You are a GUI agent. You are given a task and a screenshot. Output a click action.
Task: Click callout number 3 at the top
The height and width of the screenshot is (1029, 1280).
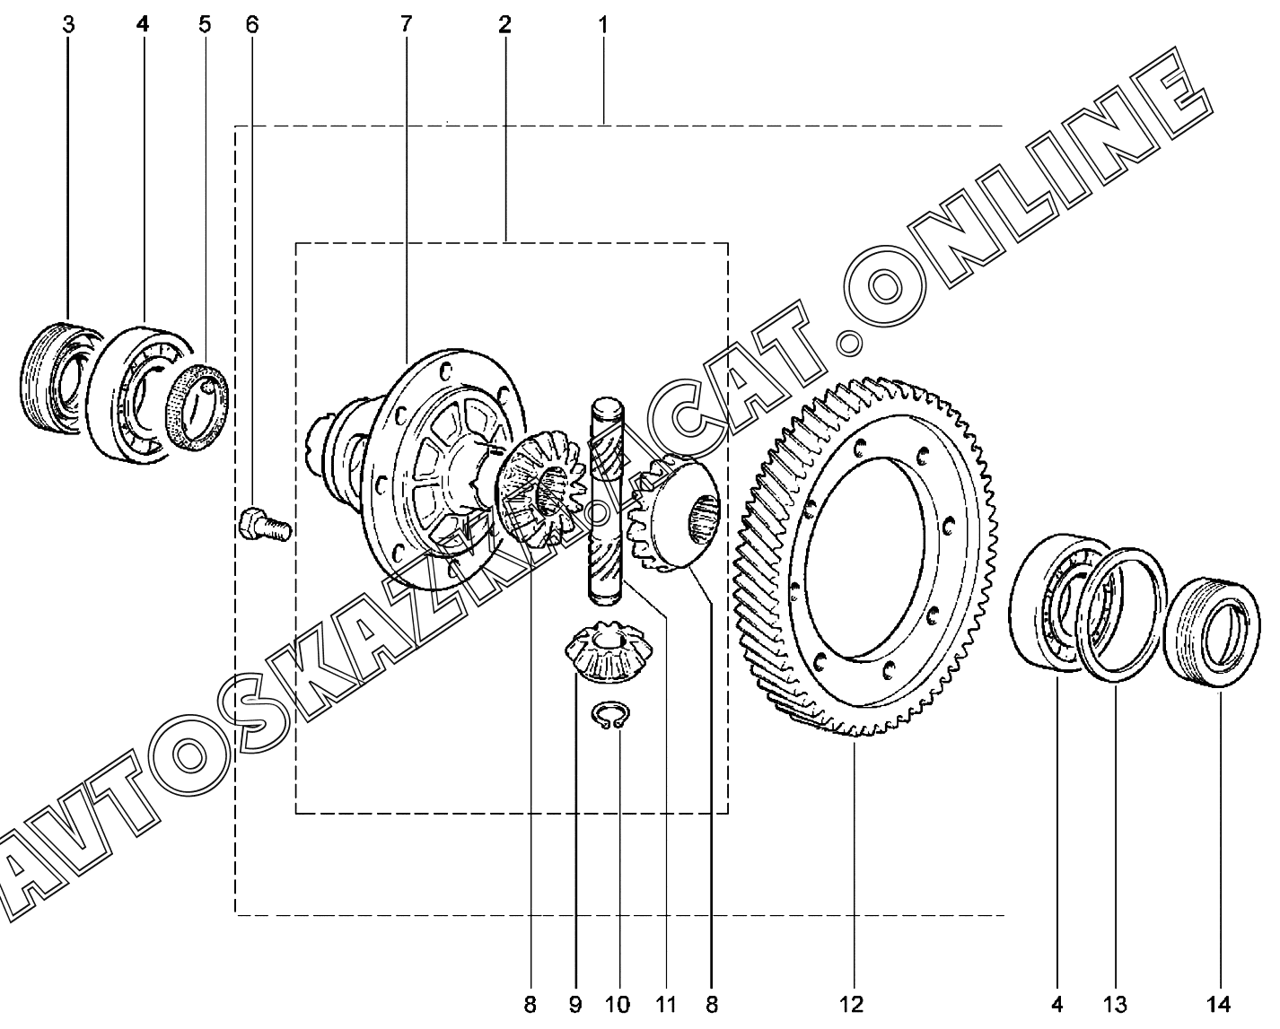point(68,25)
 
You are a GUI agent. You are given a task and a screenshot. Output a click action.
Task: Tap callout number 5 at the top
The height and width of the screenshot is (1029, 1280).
point(205,25)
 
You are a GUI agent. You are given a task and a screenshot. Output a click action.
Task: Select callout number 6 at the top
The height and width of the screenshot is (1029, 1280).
point(252,25)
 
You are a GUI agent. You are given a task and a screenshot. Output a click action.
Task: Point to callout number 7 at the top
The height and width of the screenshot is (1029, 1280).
point(406,25)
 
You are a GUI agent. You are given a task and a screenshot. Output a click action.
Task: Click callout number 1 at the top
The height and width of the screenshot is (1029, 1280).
point(603,25)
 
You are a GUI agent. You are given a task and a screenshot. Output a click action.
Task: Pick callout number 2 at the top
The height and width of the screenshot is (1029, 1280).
point(504,25)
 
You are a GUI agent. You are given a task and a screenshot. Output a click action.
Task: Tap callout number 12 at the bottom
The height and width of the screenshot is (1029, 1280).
point(851,1004)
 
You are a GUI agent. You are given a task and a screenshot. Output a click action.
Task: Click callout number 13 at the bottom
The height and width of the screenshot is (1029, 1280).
point(1115,1004)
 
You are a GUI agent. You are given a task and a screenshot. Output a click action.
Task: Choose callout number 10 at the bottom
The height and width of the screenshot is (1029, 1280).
point(618,1004)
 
